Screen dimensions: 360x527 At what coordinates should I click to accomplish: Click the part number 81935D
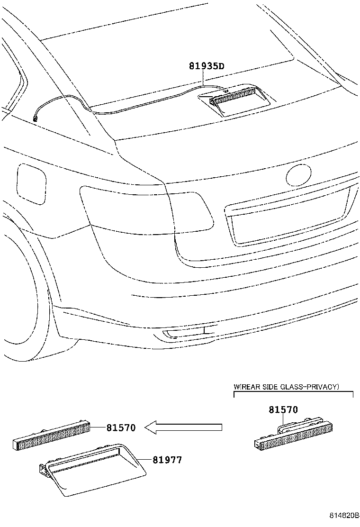pyautogui.click(x=206, y=66)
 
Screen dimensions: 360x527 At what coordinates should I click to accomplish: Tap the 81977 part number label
pyautogui.click(x=167, y=460)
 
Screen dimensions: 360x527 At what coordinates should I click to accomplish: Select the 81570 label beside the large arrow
pyautogui.click(x=121, y=427)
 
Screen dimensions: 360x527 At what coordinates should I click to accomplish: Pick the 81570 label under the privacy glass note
pyautogui.click(x=283, y=409)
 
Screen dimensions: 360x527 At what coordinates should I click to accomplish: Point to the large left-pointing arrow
pyautogui.click(x=184, y=427)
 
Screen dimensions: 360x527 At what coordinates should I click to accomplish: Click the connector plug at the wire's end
pyautogui.click(x=35, y=118)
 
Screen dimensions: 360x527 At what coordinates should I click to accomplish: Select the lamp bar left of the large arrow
pyautogui.click(x=51, y=434)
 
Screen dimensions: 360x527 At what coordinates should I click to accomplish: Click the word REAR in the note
pyautogui.click(x=252, y=387)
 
